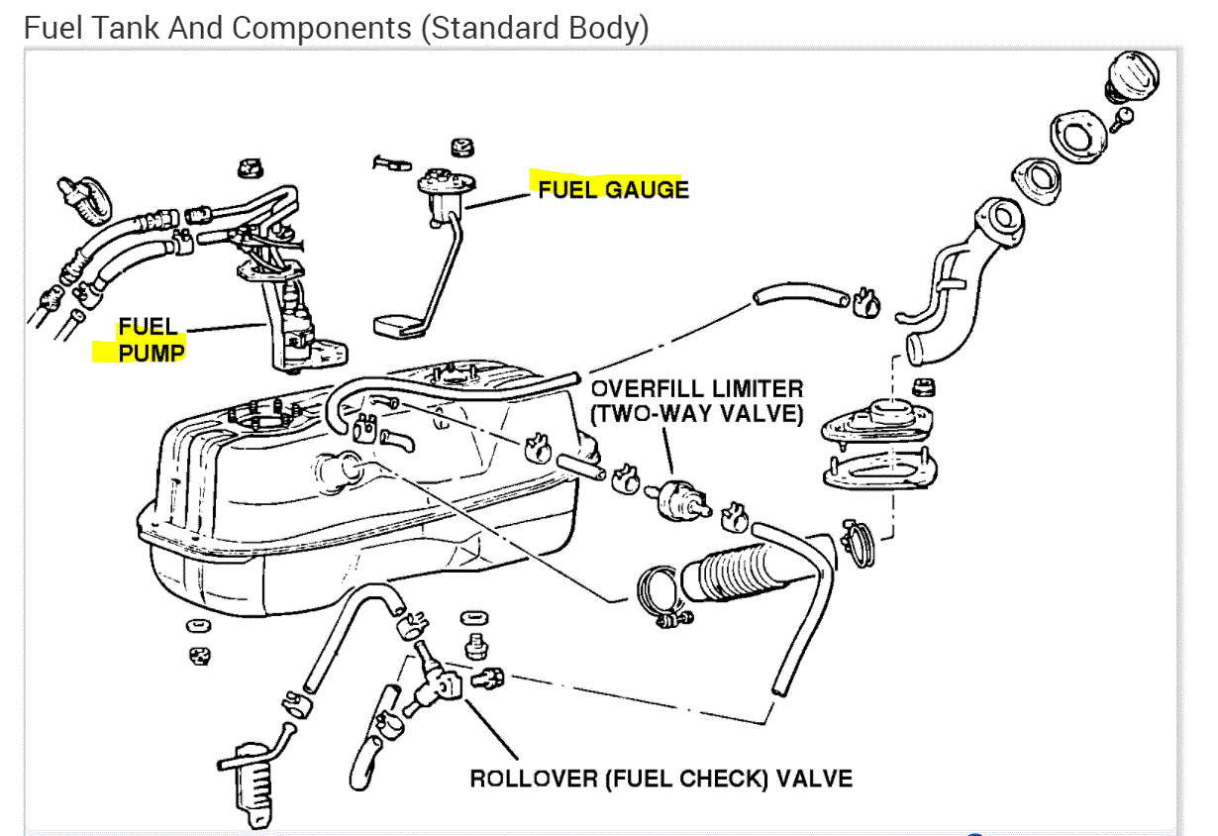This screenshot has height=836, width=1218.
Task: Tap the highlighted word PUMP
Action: [x=152, y=352]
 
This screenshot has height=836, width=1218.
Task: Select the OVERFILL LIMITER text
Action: [x=696, y=389]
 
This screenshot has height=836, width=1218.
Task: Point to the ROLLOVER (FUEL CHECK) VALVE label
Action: [x=660, y=778]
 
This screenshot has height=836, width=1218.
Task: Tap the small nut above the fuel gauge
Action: [x=458, y=148]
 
